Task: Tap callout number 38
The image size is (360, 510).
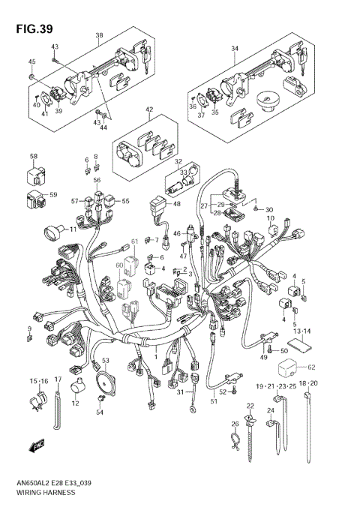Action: click(x=99, y=35)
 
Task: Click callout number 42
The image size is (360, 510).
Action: click(x=149, y=109)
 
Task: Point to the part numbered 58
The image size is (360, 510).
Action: click(x=34, y=173)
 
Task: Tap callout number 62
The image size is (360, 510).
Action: click(x=312, y=367)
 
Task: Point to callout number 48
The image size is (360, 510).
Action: click(x=177, y=203)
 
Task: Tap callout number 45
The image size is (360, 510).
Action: click(x=31, y=61)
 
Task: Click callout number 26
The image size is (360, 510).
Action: click(x=235, y=424)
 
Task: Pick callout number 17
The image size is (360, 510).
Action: click(x=57, y=380)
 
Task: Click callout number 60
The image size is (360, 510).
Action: click(x=119, y=265)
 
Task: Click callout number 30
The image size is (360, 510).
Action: click(x=270, y=209)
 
